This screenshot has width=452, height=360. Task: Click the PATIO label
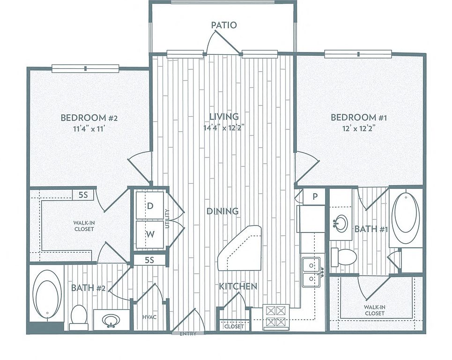coord(224,25)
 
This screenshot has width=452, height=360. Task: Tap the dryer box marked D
coord(149,205)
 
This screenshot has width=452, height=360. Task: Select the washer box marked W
coord(149,234)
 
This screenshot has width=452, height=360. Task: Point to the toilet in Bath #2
coord(79,317)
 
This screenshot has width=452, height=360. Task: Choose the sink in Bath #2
coord(111,321)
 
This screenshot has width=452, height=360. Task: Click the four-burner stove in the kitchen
coord(276,317)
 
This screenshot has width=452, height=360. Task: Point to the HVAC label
coord(149,317)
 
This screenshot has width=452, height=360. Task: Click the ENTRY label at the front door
coord(188,334)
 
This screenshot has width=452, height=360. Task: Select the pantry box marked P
coord(315,197)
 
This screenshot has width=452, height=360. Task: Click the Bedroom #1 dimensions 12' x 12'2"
coord(359,128)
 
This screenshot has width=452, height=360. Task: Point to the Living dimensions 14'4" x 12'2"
coord(224,127)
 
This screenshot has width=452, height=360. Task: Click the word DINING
coord(222,211)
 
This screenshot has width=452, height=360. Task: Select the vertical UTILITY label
coord(167,218)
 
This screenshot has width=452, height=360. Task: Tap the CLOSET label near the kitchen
coord(234,326)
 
